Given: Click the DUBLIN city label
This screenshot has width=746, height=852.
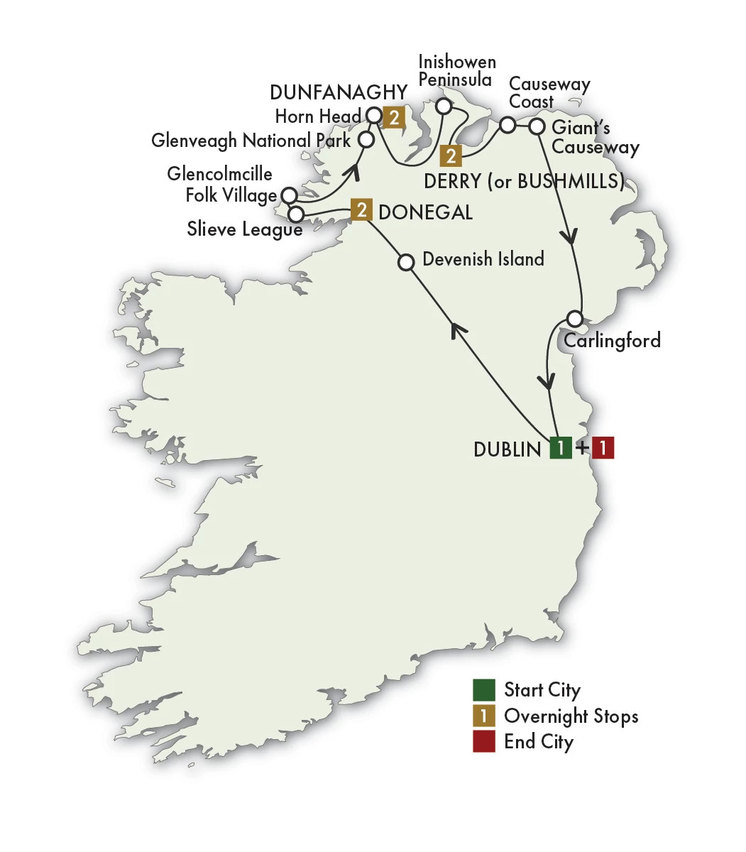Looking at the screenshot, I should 507,449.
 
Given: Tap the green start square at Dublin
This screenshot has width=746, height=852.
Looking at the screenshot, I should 561,448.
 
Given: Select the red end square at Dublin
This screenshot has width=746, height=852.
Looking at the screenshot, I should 603,448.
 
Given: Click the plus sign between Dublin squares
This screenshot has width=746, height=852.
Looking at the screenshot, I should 582,449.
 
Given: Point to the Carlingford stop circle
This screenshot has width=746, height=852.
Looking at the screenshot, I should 575,317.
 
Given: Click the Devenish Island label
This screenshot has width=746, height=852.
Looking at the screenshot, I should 483,259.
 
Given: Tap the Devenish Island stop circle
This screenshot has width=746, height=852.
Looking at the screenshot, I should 406,263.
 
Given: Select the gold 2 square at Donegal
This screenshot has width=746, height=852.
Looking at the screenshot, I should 361,210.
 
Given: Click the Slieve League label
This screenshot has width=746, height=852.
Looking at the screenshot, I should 244,229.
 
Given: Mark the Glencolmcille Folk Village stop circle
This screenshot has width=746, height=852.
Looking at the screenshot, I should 289,195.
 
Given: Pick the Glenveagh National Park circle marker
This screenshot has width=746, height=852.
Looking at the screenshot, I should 366,139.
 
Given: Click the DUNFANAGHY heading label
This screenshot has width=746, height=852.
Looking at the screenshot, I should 339,92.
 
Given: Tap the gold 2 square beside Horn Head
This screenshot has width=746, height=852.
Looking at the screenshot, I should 393,116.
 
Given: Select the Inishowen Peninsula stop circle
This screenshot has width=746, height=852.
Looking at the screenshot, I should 444,106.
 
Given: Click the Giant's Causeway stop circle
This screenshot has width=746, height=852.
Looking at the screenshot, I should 537,127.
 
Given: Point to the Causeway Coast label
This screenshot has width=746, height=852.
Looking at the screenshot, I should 549,93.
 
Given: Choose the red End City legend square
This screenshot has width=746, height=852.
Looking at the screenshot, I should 484,742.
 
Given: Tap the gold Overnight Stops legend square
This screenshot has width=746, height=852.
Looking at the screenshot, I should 484,716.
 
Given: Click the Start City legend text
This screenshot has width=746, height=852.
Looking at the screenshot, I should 542,690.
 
